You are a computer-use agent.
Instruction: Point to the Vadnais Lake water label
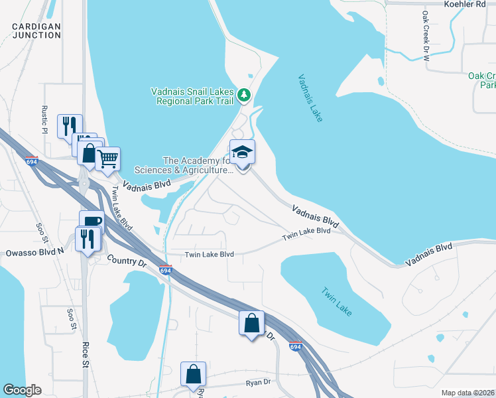point(310,98)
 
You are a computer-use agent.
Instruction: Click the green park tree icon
point(245,96)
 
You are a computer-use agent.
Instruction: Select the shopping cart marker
point(107,159)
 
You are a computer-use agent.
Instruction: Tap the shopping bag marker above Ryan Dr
point(193,373)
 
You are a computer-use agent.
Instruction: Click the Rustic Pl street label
point(45,119)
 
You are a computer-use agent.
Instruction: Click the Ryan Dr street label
point(258,383)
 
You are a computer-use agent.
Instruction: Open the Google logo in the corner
point(22,390)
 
